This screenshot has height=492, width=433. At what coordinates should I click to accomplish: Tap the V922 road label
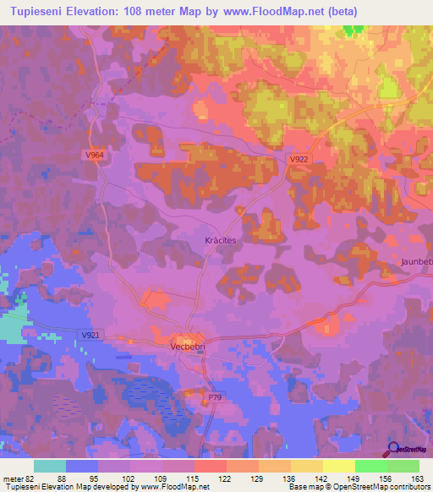(x=298, y=159)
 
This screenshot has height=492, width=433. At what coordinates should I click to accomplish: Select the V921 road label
(x=90, y=336)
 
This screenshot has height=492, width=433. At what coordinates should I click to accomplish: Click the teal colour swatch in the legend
(x=50, y=466)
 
